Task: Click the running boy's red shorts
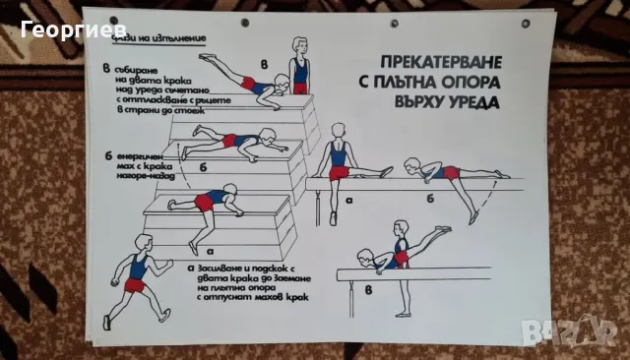pyautogui.click(x=135, y=285)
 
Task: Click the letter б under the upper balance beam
pyautogui.click(x=429, y=198)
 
